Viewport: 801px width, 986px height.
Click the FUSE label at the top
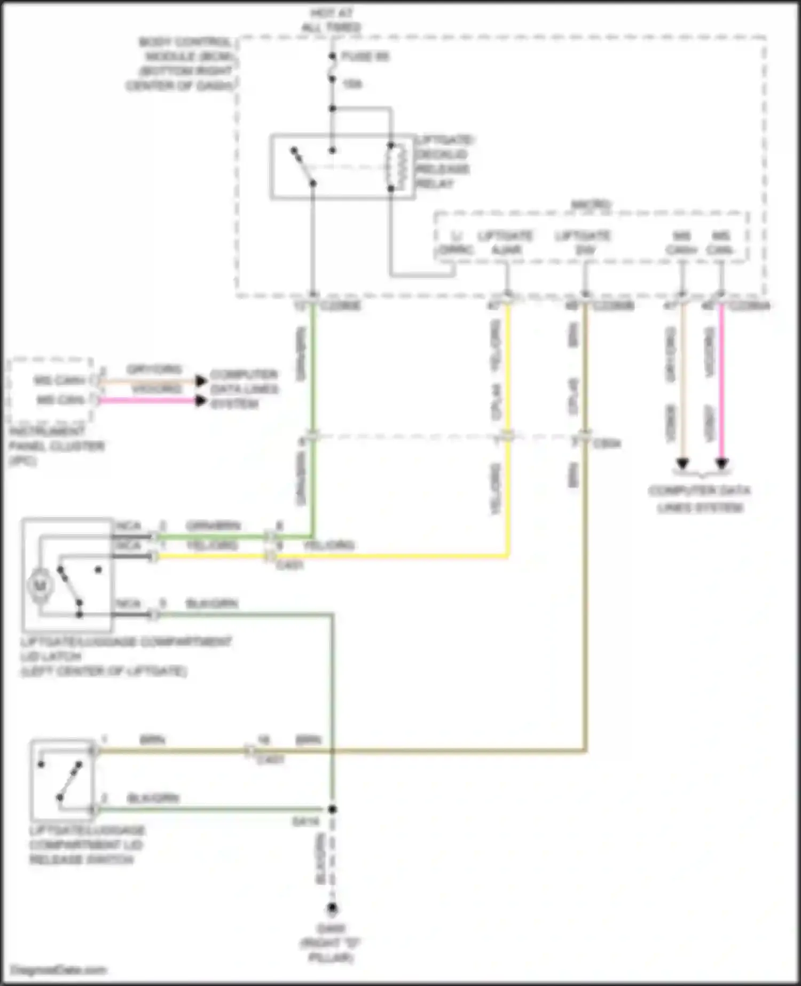(365, 56)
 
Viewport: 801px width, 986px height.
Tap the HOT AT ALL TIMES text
(331, 20)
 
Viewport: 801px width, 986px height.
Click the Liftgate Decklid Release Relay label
(444, 162)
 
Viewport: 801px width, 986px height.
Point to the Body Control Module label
(180, 64)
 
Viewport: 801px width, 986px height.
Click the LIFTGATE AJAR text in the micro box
(505, 242)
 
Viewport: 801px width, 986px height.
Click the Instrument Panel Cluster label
(56, 445)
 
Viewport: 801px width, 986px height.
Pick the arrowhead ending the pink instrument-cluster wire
(201, 401)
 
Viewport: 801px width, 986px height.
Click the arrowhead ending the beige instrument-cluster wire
(201, 381)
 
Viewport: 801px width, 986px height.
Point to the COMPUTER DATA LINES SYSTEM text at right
(700, 498)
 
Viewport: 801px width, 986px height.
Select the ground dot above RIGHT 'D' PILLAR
(332, 908)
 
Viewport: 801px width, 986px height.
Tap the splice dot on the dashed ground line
(332, 809)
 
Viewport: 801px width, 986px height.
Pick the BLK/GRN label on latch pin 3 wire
(211, 604)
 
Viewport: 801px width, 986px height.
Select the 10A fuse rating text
(352, 84)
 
